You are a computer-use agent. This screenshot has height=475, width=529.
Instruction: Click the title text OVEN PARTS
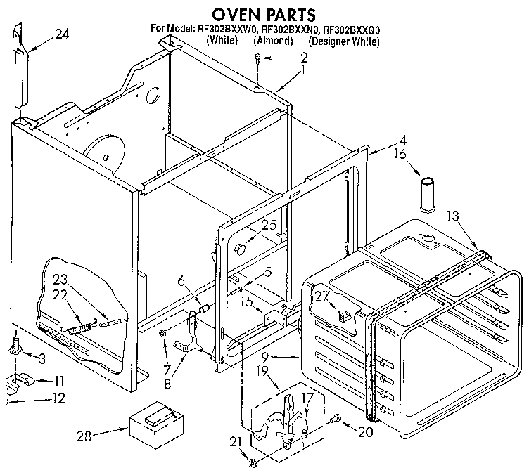pyautogui.click(x=264, y=13)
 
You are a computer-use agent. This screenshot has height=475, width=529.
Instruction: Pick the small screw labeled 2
pyautogui.click(x=258, y=65)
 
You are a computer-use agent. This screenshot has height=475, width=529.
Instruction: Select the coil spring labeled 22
pyautogui.click(x=77, y=327)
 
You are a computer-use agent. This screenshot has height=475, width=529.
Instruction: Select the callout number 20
pyautogui.click(x=364, y=432)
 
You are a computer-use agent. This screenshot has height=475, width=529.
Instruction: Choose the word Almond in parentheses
pyautogui.click(x=274, y=41)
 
